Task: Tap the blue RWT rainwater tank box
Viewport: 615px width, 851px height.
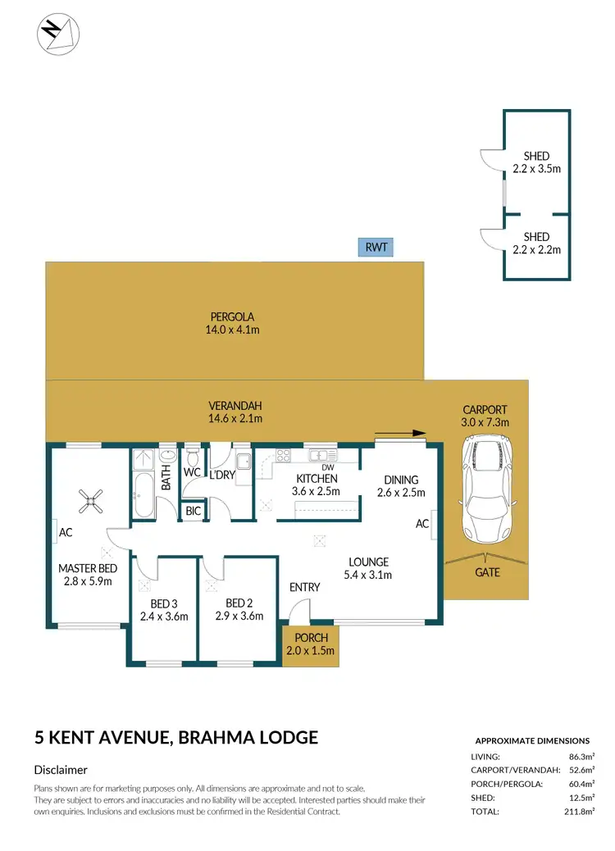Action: (376, 248)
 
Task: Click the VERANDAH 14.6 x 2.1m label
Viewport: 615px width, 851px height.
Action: (235, 412)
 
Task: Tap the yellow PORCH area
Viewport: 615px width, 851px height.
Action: (308, 644)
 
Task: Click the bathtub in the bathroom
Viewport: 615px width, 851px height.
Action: (143, 495)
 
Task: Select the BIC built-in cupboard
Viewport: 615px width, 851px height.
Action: (194, 511)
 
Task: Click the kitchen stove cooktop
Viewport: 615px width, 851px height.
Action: (284, 455)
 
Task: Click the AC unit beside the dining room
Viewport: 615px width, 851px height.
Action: (430, 524)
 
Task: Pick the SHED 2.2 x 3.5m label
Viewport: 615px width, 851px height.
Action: (536, 162)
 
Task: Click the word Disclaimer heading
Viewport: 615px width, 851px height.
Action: (61, 770)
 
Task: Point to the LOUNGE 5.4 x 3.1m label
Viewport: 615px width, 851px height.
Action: (368, 568)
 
